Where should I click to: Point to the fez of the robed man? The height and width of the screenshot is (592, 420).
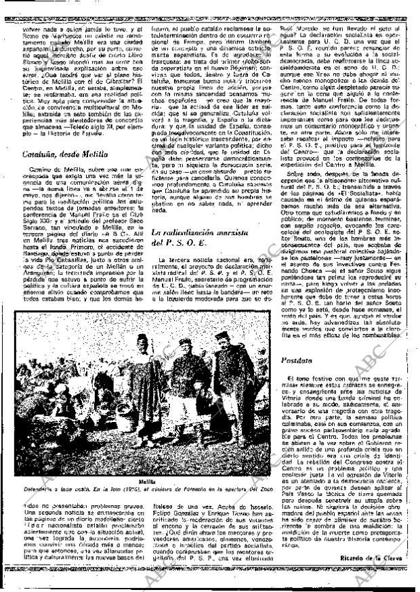(144, 337)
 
